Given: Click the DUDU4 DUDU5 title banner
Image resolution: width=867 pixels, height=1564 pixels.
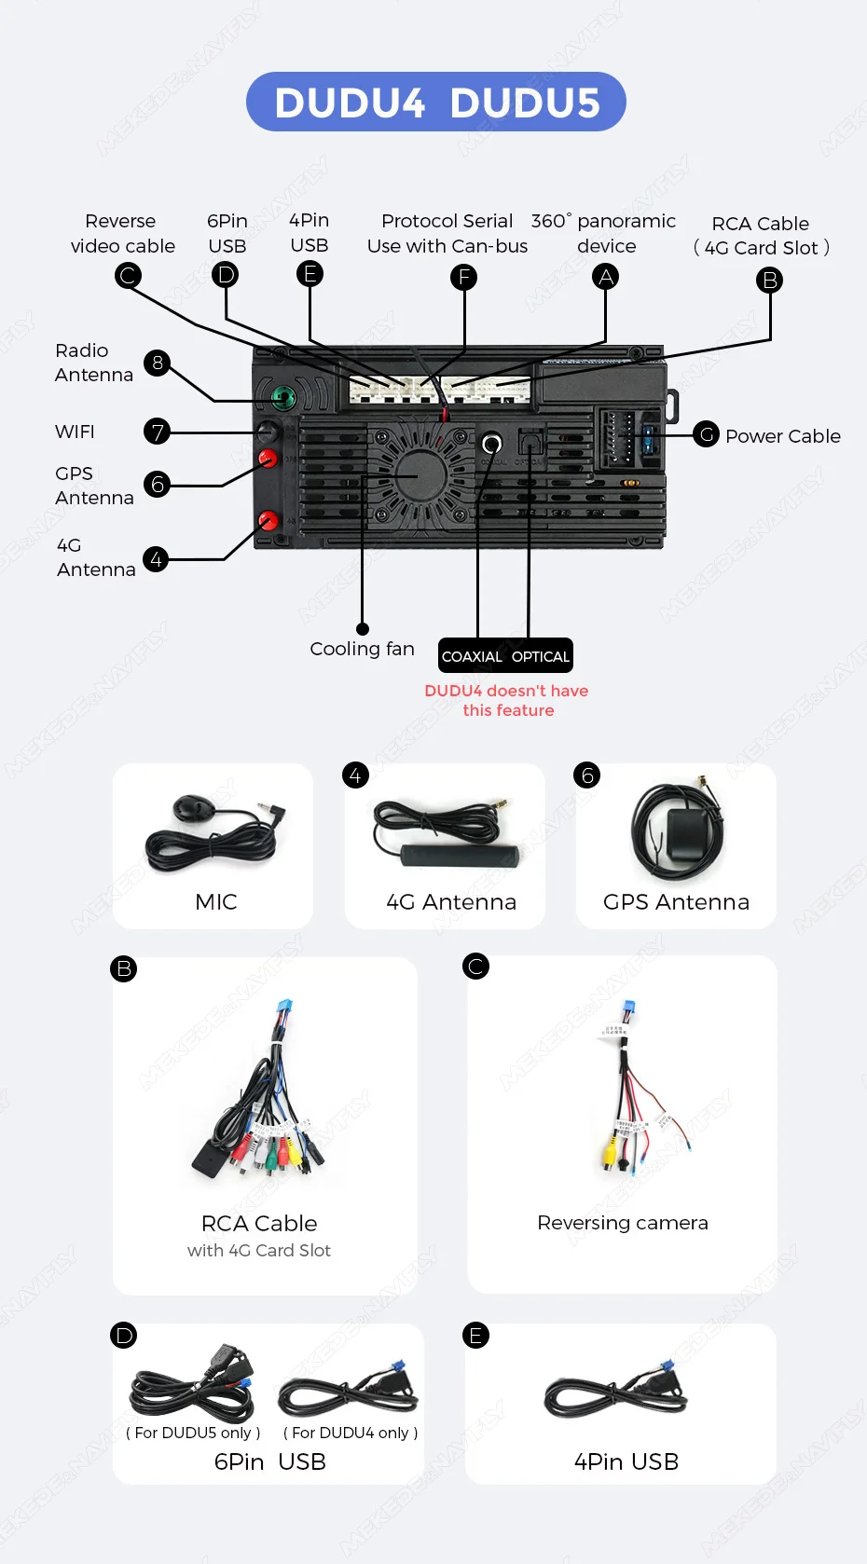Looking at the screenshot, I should point(435,103).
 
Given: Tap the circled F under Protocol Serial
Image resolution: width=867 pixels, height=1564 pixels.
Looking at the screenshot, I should point(463,278).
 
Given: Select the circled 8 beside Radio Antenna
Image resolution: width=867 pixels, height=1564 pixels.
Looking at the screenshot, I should point(158,363).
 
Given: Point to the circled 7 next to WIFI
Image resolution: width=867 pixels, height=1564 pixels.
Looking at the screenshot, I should point(158,432).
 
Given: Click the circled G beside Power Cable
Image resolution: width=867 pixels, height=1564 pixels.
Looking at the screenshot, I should point(707,434).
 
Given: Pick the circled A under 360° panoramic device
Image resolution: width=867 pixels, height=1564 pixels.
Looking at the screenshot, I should point(606,277).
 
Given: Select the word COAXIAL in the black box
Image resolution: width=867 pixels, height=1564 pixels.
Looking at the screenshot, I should point(472,656).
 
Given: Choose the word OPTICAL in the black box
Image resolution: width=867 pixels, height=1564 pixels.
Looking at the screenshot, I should point(541,656).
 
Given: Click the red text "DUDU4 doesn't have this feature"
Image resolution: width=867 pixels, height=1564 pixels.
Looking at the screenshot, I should point(506,700).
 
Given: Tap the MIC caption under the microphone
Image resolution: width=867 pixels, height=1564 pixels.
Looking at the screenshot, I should point(216,901).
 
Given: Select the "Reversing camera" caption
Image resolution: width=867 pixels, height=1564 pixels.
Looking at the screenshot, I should point(623,1223).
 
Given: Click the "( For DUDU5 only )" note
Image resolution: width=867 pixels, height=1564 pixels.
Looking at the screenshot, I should point(193,1433).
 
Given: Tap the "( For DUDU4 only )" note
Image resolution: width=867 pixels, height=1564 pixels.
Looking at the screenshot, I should point(351,1433).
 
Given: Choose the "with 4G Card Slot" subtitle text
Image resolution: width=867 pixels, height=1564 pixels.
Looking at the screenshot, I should point(259,1251).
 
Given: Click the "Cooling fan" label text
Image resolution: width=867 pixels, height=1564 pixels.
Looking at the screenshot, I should point(362,649).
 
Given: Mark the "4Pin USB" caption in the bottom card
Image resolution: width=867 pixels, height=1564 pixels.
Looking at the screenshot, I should point(626,1461).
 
